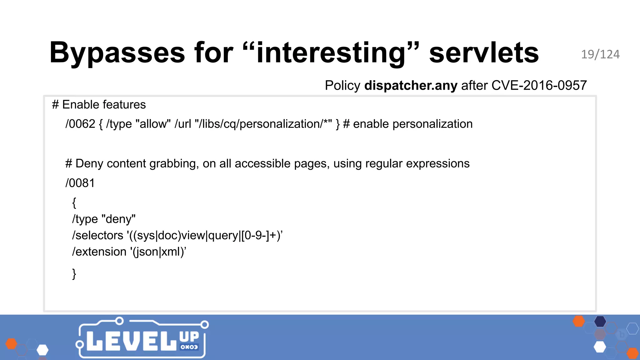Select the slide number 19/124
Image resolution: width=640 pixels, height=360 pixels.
coord(600,55)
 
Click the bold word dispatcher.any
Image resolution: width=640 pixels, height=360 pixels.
coord(411,85)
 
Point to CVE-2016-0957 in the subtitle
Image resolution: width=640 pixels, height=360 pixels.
coord(539,85)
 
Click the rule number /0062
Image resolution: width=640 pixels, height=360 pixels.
coord(80,124)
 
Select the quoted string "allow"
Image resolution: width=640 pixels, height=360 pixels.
coord(153,124)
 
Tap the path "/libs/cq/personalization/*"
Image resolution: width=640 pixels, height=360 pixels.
coord(263,124)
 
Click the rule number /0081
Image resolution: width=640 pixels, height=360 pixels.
coord(80,183)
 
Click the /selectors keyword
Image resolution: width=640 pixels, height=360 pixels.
coord(98,235)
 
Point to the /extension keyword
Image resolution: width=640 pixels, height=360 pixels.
coord(99,252)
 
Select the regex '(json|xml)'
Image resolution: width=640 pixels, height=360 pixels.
coord(158,252)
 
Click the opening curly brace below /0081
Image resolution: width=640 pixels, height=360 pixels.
coord(74,202)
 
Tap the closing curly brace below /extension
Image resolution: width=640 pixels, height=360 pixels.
coord(74,274)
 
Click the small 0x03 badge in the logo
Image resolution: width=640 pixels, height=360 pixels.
coord(189,347)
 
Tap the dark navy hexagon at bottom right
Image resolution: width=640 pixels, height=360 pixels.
coord(600,321)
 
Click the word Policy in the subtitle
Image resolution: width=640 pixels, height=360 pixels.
coord(342,85)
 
